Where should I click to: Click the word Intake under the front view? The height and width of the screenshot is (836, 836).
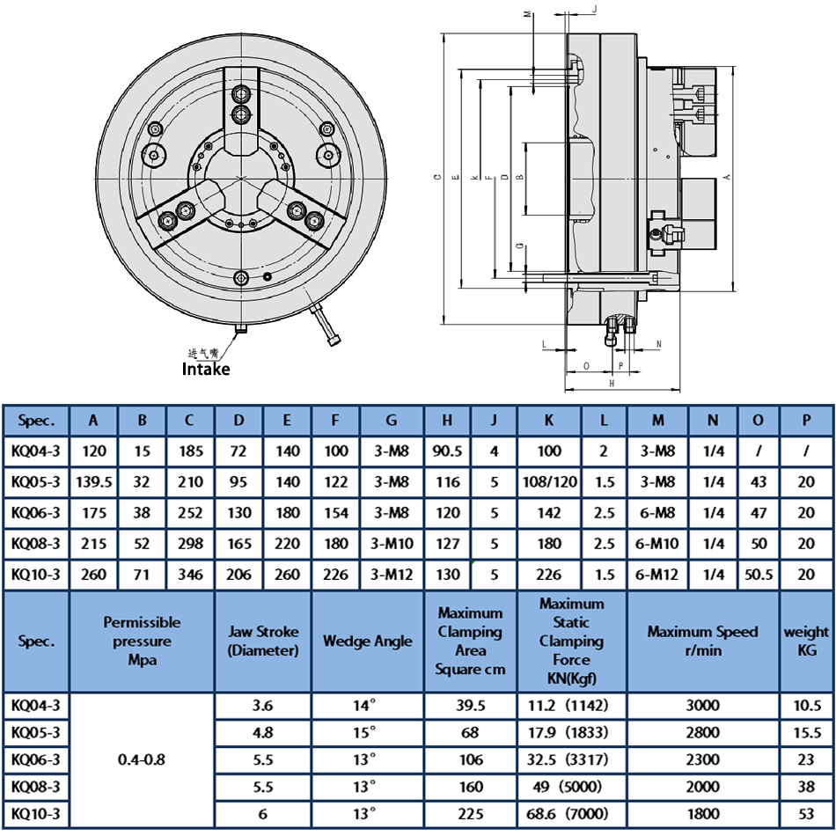pos(205,369)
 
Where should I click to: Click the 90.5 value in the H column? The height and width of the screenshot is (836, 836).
pos(447,452)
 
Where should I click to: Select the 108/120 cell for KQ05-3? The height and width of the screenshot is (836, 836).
pos(549,482)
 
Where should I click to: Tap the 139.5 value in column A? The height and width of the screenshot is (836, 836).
pos(93,482)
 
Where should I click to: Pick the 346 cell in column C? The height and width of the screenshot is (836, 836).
pos(189,575)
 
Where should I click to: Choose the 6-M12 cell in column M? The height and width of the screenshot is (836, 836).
pos(657,575)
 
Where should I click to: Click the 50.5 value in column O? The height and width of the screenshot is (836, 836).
pos(758,575)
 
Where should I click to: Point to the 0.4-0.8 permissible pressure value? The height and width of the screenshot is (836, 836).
pos(142,759)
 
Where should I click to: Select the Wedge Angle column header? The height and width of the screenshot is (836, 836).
pos(367,642)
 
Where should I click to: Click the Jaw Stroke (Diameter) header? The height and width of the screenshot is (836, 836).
pos(263,642)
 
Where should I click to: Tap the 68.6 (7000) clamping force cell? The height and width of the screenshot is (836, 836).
pos(571,813)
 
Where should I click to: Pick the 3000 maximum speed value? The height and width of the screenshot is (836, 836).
pos(703,705)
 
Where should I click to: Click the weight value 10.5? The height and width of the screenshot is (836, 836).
pos(806,705)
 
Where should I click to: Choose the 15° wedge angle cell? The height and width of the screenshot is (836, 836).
pos(367,732)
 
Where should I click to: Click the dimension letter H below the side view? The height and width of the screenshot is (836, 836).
pos(611,384)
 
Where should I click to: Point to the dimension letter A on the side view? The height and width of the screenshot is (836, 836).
pos(727,177)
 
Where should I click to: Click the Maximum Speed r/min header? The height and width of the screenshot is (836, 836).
pos(703,642)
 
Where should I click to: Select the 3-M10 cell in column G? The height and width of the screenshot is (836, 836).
pos(392,544)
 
